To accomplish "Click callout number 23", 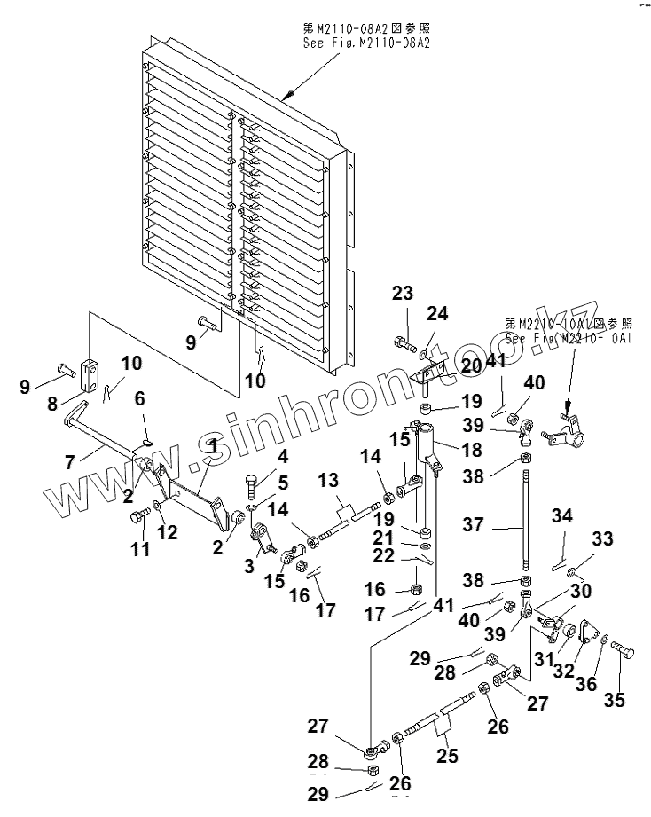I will (x=403, y=294).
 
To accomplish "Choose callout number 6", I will (x=139, y=400).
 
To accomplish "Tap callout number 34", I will (x=562, y=515).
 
